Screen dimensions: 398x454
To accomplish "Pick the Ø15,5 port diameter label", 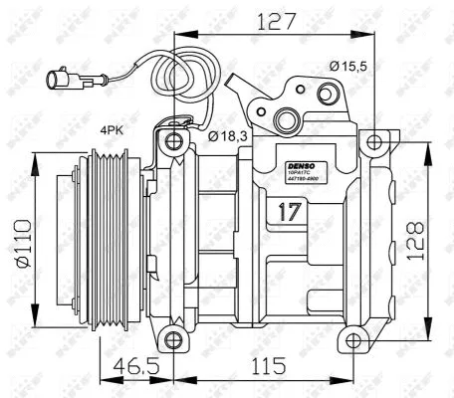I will (x=350, y=66).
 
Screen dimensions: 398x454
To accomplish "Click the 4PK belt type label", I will (x=113, y=128).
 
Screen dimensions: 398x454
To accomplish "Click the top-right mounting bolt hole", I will (x=372, y=142).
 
